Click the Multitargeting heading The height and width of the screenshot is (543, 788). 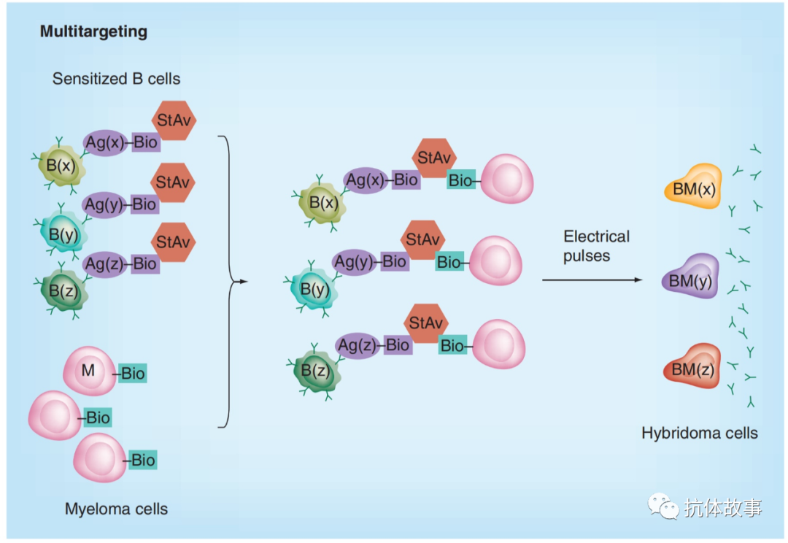click(x=93, y=32)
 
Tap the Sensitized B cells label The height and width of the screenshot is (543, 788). click(x=116, y=78)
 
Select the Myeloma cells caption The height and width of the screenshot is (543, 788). click(x=116, y=509)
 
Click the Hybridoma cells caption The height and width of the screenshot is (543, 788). click(x=699, y=433)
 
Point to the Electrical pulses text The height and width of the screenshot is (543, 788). click(x=596, y=246)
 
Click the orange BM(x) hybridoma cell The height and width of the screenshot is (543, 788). click(x=693, y=190)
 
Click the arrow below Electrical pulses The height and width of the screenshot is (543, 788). click(x=591, y=280)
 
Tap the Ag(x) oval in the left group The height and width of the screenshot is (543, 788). click(x=106, y=142)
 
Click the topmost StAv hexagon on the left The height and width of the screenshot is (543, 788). click(x=174, y=121)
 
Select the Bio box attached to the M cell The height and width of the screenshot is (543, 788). click(x=133, y=374)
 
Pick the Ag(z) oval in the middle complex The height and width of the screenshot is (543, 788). click(x=358, y=344)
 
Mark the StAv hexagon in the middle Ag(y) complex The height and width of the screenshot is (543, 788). click(x=422, y=239)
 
